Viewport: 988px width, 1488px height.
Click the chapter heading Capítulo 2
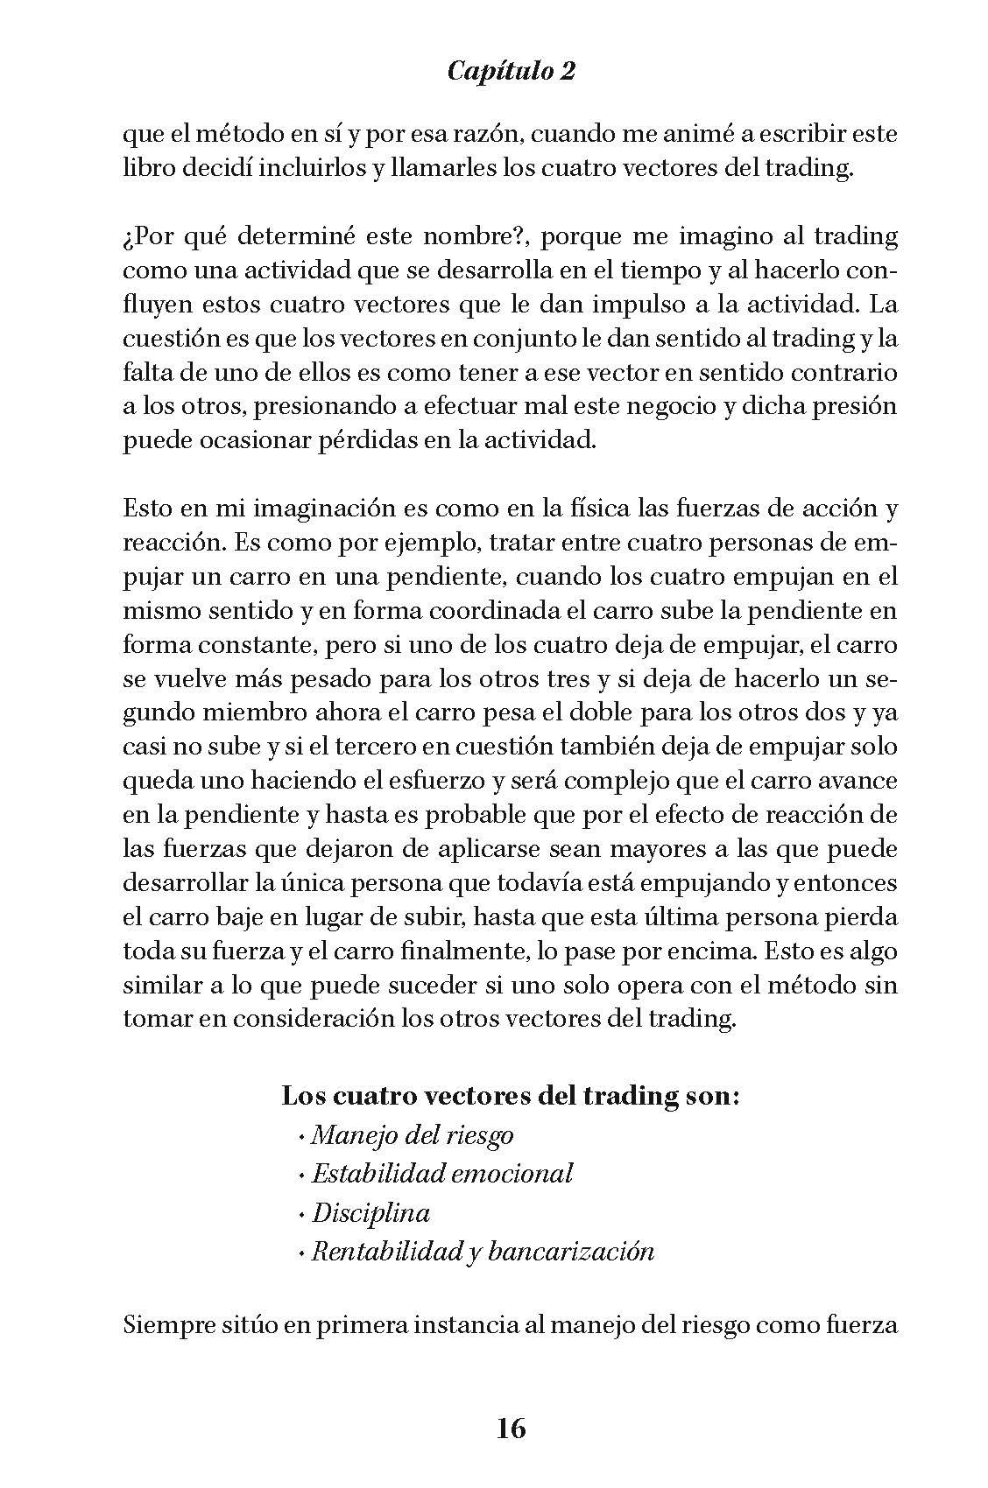(511, 71)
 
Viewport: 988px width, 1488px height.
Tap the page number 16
(511, 1428)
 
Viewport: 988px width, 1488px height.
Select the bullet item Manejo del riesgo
(412, 1135)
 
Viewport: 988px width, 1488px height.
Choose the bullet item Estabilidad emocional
(441, 1173)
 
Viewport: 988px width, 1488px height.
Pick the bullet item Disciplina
(370, 1212)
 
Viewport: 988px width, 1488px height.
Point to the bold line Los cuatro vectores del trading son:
(510, 1096)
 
